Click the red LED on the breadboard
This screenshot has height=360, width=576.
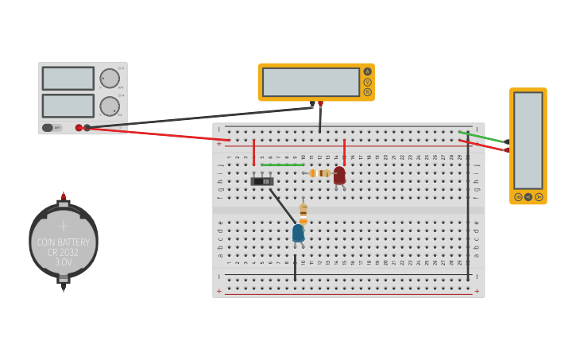click(x=339, y=175)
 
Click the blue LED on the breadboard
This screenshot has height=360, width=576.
click(x=298, y=233)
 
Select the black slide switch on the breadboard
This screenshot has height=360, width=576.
click(x=262, y=181)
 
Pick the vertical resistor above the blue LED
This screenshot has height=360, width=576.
click(x=303, y=212)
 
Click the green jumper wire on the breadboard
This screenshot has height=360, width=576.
click(x=282, y=165)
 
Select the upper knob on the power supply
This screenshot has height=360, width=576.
click(x=109, y=78)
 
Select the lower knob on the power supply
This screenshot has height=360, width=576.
click(x=109, y=106)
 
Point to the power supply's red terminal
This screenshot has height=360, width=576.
click(x=79, y=127)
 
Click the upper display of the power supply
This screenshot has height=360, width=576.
click(x=68, y=78)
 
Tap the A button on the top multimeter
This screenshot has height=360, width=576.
click(x=367, y=72)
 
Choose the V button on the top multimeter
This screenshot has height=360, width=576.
click(x=367, y=82)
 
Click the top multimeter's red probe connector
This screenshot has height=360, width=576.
click(x=320, y=104)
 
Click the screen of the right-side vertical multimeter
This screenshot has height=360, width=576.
click(x=528, y=140)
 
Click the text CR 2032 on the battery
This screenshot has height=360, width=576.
click(x=64, y=252)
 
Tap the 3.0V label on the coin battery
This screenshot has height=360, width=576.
click(x=64, y=261)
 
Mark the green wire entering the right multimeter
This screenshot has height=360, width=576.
click(x=485, y=137)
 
